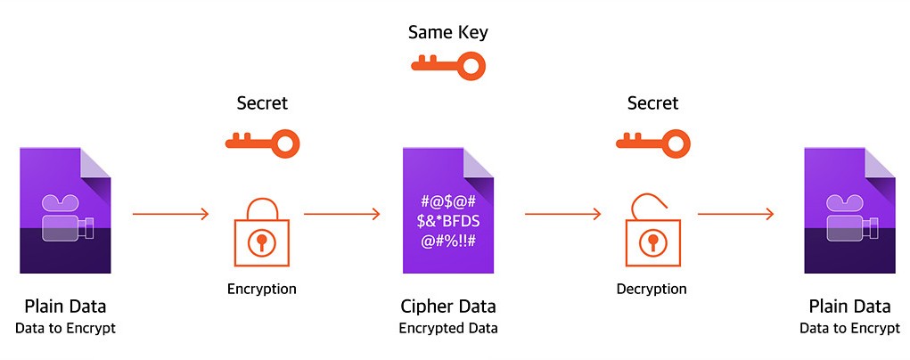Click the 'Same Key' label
(x=447, y=33)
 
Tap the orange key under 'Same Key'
(x=447, y=64)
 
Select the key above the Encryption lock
(x=262, y=141)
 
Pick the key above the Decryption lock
(x=653, y=141)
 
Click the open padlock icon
(x=652, y=233)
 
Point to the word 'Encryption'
(x=261, y=289)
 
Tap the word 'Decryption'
(x=652, y=289)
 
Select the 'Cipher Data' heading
(x=447, y=307)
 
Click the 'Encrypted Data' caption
(x=447, y=328)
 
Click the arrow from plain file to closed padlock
(x=170, y=214)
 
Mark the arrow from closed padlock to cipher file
(x=342, y=214)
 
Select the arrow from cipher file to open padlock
(x=563, y=214)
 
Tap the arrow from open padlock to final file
(x=735, y=214)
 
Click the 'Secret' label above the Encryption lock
(x=262, y=103)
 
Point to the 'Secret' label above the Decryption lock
(x=652, y=103)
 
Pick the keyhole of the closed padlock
(x=261, y=241)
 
